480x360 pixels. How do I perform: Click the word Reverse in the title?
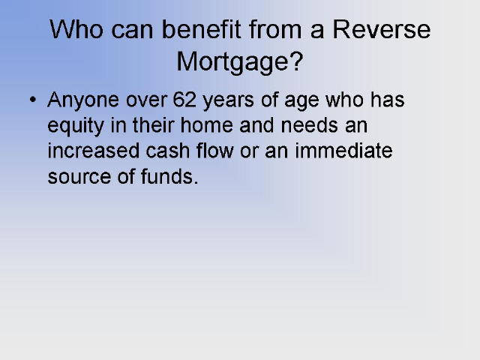382,29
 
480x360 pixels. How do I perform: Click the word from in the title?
275,29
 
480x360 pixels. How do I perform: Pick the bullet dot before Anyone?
33,99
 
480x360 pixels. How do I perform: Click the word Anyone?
83,101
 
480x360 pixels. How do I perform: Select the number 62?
184,99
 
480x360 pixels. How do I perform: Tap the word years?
228,101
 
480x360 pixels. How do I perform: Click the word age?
301,102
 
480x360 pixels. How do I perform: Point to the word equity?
76,126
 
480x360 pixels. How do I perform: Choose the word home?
207,125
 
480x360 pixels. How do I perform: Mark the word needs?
309,125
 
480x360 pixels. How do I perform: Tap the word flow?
215,150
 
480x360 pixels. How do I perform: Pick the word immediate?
343,150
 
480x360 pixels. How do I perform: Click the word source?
79,177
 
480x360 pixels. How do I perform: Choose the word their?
153,125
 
